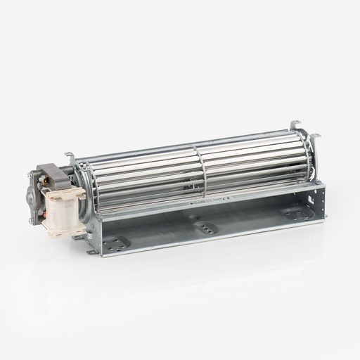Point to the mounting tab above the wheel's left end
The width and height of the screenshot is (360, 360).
coord(71,155)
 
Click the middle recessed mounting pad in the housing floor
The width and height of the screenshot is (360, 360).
coord(205,226)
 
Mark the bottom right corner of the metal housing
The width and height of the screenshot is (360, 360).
coord(323,219)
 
